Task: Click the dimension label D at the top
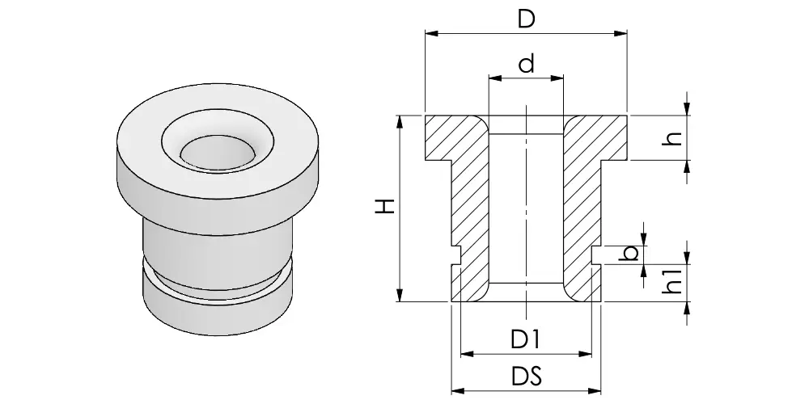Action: [527, 19]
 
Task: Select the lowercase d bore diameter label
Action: [527, 64]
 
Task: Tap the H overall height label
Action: [385, 206]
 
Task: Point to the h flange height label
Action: [671, 137]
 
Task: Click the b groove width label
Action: [629, 253]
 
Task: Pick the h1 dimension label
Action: [671, 281]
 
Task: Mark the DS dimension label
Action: [527, 377]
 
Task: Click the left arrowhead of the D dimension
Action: [431, 33]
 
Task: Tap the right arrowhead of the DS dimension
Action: [595, 391]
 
